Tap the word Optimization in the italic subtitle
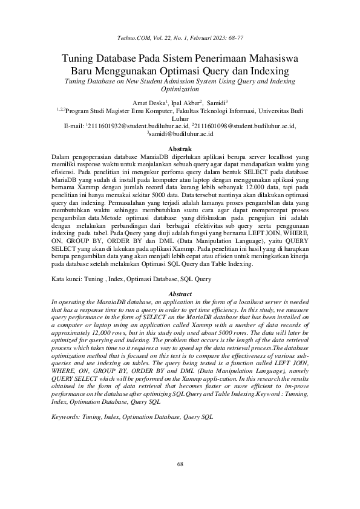(x=180, y=88)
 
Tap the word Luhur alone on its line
(x=180, y=120)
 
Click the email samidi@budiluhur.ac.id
(x=181, y=135)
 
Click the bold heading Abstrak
(x=180, y=149)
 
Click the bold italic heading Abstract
(x=180, y=294)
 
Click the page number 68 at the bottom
(x=180, y=481)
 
